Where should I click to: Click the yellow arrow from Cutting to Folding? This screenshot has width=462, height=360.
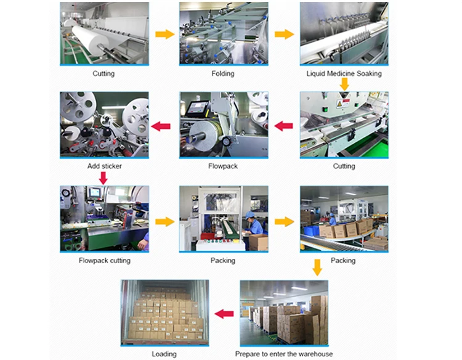point(164,34)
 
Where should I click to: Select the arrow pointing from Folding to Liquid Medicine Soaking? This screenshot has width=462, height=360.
point(284,34)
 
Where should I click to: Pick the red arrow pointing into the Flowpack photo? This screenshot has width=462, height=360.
point(283,126)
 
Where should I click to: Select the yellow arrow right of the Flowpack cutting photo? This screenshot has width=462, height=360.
point(164,220)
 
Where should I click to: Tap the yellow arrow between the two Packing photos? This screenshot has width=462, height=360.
point(284,220)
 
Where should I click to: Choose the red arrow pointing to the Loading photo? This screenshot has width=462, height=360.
point(224,314)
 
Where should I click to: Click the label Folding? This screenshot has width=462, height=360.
point(223,74)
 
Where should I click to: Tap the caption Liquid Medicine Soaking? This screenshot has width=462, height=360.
point(344,74)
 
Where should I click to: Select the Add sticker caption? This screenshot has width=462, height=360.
point(103,166)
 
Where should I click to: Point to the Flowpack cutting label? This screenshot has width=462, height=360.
point(104,261)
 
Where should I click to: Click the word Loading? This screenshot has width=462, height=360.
point(164,354)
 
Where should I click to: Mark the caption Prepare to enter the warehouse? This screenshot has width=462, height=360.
point(284,354)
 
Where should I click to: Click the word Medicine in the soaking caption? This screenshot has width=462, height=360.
point(344,74)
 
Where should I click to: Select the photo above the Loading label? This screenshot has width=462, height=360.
point(164,313)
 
